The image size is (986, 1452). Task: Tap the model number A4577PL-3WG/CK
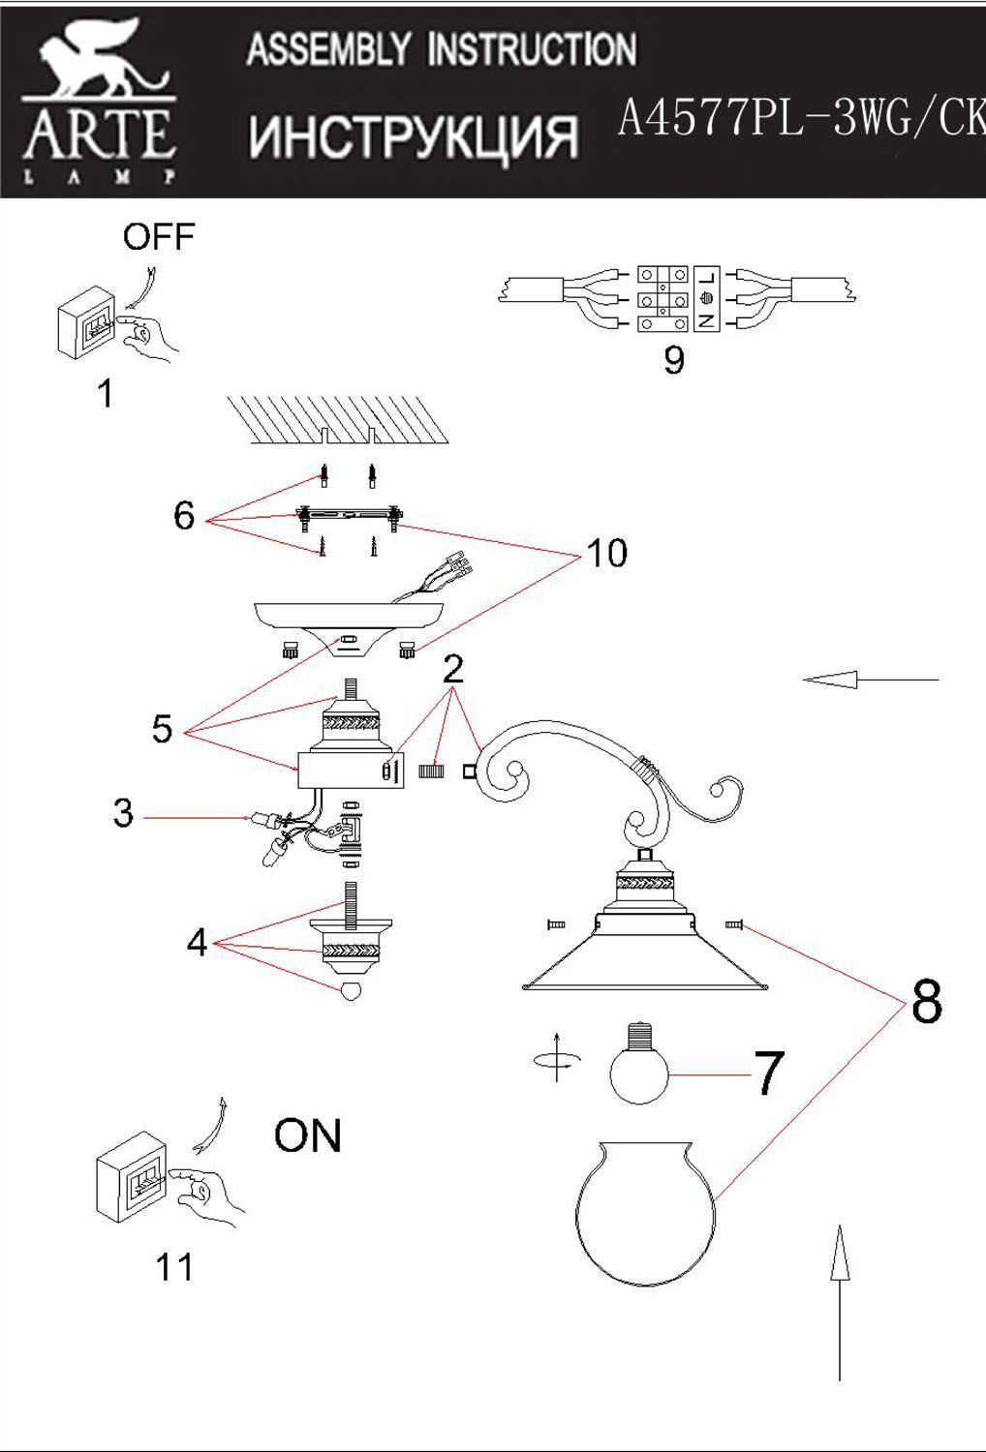pos(800,120)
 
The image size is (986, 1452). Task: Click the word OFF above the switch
pos(158,236)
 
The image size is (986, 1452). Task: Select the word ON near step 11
pos(308,1135)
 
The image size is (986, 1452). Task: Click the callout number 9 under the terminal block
pos(674,360)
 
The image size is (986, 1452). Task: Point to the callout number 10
pos(607,554)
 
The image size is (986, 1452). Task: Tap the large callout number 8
pos(926,1002)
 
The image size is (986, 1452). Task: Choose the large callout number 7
pos(768,1074)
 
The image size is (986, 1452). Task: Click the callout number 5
pos(162,729)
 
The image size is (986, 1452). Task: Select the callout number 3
pos(123,813)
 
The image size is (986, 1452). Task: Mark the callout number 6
pos(184,515)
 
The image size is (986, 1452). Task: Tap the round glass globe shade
pos(645,1210)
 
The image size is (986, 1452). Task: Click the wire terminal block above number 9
pos(678,297)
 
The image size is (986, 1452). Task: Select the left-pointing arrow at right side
pos(869,681)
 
